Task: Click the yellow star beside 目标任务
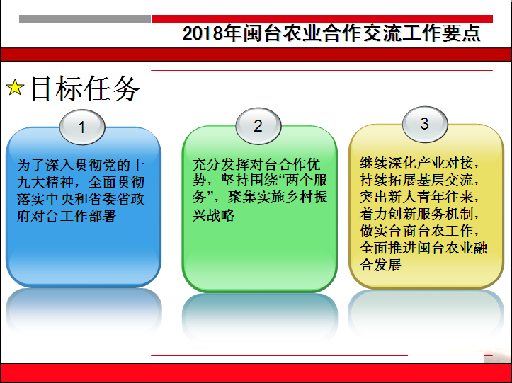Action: click(x=15, y=88)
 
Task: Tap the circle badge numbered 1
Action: click(x=82, y=127)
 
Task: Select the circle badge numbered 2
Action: click(x=258, y=126)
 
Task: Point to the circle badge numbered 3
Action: click(x=425, y=124)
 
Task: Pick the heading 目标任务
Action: click(x=85, y=88)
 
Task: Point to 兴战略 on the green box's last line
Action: click(x=213, y=215)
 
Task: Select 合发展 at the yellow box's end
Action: click(x=381, y=265)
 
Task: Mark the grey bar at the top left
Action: click(x=85, y=19)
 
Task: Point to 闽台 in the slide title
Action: click(x=263, y=33)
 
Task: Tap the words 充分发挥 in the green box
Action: click(x=220, y=164)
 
